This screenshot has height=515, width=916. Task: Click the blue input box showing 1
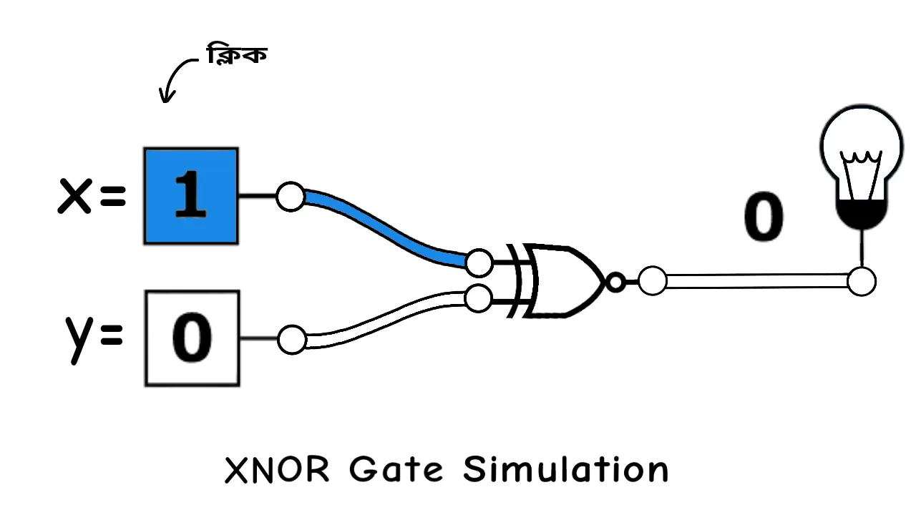click(x=191, y=196)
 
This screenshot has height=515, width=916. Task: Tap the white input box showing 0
click(x=192, y=338)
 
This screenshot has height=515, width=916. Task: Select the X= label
click(x=92, y=196)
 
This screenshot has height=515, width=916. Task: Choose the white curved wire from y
click(x=386, y=315)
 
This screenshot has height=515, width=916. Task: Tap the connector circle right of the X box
click(x=291, y=197)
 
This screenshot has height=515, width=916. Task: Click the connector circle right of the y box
click(x=291, y=340)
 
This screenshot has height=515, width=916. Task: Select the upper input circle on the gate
click(x=478, y=263)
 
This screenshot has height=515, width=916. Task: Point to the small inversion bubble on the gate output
click(x=615, y=282)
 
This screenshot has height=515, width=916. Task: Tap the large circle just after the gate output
click(x=652, y=281)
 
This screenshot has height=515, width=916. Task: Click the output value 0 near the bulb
click(x=764, y=218)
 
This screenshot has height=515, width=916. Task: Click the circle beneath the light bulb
click(x=862, y=281)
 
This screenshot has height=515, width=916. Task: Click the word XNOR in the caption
click(x=278, y=470)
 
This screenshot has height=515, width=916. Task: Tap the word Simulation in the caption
click(x=565, y=470)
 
